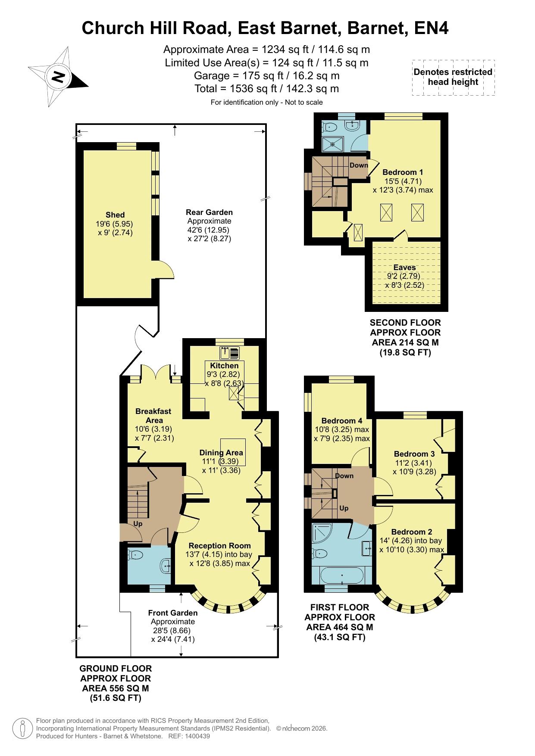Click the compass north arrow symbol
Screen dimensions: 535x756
coord(58,77)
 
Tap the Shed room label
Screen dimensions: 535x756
coord(115,215)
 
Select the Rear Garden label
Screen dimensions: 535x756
coord(209,212)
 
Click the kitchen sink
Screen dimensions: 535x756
coord(230,354)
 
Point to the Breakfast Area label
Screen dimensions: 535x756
coord(153,416)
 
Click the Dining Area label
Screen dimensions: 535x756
coord(221,452)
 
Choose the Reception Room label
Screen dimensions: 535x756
coord(219,545)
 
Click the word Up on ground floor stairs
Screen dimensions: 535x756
coord(138,524)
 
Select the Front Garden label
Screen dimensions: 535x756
coord(173,613)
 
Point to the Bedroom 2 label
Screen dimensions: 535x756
coord(412,532)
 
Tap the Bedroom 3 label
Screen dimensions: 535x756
coord(414,454)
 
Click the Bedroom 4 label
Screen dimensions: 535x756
coord(342,420)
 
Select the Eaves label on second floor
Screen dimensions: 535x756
coord(404,268)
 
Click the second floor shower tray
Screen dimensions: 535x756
coord(334,144)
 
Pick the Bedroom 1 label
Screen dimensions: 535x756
coord(403,172)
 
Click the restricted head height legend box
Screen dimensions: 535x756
coord(453,78)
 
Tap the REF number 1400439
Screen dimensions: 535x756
coord(198,736)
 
